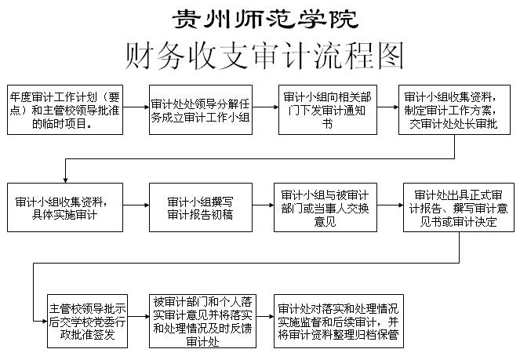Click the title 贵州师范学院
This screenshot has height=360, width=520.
click(265, 19)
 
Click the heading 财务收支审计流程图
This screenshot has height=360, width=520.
click(264, 56)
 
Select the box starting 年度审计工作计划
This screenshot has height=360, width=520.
click(65, 110)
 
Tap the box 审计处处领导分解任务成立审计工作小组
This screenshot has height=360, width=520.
click(201, 110)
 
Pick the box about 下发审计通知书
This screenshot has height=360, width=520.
click(328, 110)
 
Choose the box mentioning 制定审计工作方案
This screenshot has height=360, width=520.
click(454, 110)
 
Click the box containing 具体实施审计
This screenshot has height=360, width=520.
click(65, 207)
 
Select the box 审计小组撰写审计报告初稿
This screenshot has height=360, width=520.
click(201, 207)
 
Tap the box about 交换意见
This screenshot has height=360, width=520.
click(325, 207)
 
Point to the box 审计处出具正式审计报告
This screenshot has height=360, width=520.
click(459, 207)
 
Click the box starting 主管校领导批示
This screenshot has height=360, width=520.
click(87, 322)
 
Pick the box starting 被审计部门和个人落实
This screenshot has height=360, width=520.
click(202, 322)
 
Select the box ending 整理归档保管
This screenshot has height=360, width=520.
click(339, 322)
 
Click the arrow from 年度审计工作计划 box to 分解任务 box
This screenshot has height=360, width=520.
click(136, 107)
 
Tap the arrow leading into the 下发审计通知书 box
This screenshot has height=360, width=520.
click(265, 107)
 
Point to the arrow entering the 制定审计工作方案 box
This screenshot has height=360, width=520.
click(387, 107)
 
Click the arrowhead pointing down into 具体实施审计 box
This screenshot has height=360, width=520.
click(65, 180)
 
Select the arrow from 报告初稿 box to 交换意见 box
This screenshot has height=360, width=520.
click(263, 205)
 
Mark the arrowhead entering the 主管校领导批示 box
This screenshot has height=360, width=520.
click(45, 321)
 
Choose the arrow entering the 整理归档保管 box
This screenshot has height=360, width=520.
click(265, 317)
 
